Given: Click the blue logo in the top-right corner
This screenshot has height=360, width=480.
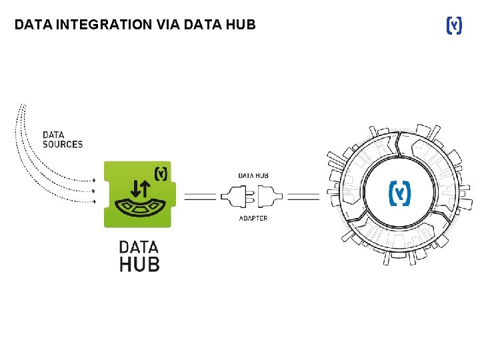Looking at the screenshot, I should [453, 26].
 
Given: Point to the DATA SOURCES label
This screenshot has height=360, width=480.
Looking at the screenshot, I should [63, 139].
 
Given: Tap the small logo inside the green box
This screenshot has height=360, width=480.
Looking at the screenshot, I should [161, 173].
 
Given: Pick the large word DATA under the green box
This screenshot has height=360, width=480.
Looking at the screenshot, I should [139, 247].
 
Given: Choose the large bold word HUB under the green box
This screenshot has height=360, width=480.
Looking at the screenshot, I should [139, 264].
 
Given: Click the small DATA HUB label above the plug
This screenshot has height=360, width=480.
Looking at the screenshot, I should [253, 176].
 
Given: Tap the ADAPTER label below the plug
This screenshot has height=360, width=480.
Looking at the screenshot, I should [253, 219].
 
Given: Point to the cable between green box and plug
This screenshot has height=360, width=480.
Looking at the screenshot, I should [200, 197].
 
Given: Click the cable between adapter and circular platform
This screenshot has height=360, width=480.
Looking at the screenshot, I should [303, 197].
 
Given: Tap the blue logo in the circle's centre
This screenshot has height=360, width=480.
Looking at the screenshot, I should [400, 193].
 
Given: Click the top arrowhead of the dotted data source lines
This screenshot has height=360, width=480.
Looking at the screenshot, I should [94, 180].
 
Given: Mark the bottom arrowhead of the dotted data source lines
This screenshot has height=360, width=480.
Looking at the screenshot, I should [94, 202].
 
